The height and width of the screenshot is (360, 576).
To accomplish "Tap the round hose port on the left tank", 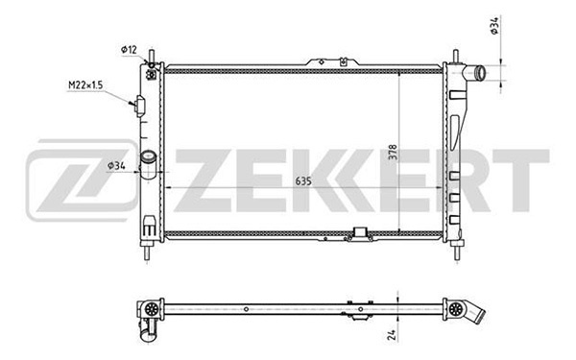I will click(148, 160).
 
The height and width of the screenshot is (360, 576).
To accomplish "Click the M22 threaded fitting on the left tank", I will click(140, 105).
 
